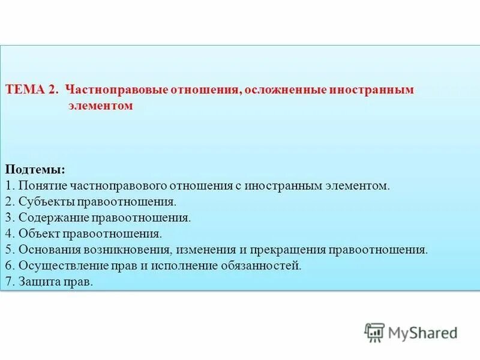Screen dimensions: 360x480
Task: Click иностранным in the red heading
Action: pyautogui.click(x=372, y=89)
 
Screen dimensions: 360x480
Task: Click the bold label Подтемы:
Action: pyautogui.click(x=35, y=170)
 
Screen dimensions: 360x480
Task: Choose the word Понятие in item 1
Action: pyautogui.click(x=43, y=185)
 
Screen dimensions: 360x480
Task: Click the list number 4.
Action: pyautogui.click(x=9, y=233)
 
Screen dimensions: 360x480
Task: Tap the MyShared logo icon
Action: pyautogui.click(x=374, y=332)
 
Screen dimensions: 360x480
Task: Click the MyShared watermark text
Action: pyautogui.click(x=422, y=332)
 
